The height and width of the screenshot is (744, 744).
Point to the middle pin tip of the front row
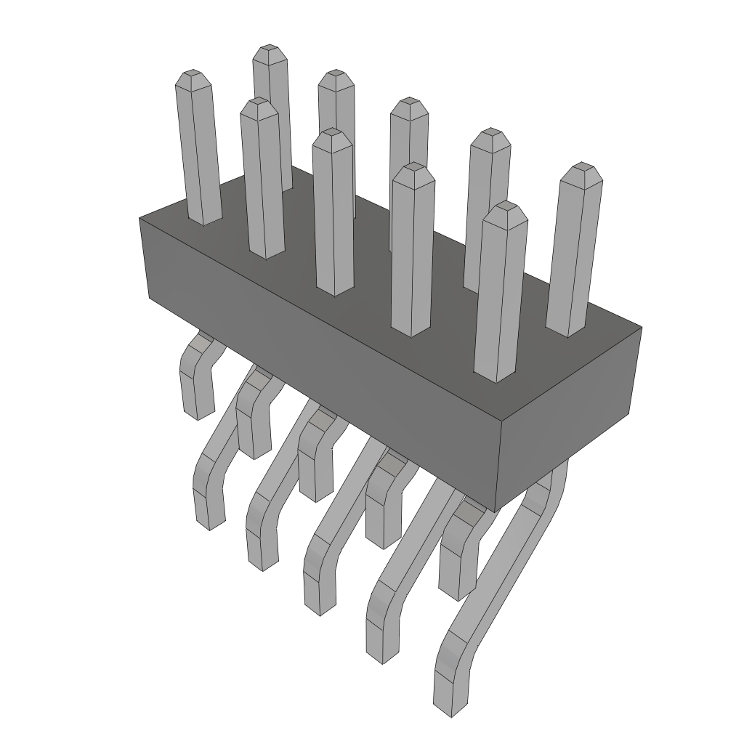pos(332,134)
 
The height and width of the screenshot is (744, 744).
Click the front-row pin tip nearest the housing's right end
pos(506,207)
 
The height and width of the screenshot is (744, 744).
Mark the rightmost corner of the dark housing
pos(641,328)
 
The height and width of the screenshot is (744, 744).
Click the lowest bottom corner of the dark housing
pos(495,511)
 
